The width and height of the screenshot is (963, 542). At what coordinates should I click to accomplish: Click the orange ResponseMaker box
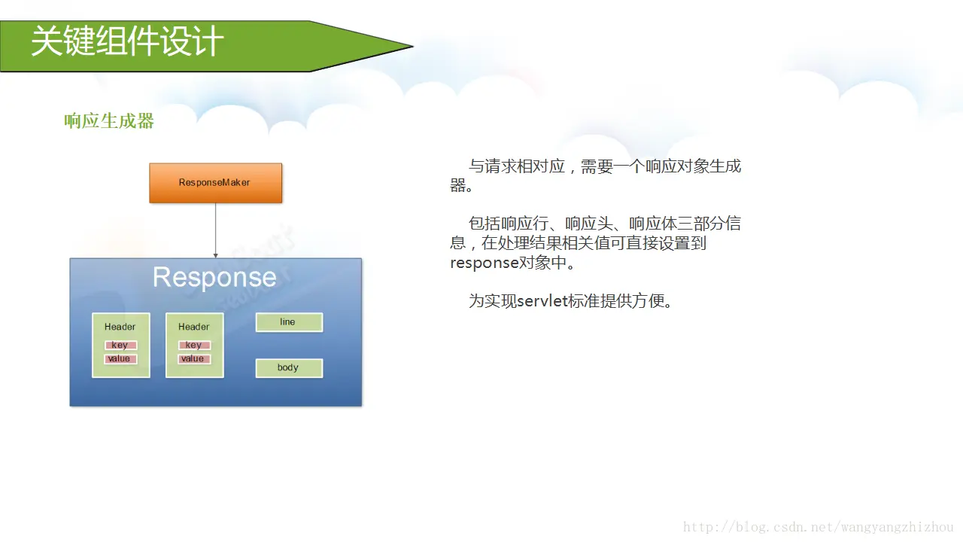[216, 183]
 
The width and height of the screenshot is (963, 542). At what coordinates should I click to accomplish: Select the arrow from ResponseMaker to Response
[215, 230]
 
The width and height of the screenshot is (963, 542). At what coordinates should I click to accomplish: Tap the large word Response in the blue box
[214, 278]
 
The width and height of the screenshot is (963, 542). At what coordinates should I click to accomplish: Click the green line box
[289, 322]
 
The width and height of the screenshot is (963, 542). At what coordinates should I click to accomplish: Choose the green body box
[289, 368]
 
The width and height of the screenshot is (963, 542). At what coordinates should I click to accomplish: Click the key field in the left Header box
[121, 345]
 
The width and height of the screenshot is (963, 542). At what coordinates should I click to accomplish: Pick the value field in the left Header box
[121, 359]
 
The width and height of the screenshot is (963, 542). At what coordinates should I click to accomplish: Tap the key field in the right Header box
[194, 345]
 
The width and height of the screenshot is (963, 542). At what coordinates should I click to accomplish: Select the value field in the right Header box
[194, 359]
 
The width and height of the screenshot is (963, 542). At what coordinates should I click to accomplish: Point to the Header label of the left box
[120, 327]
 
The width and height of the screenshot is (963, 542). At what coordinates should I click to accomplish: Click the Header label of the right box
[194, 327]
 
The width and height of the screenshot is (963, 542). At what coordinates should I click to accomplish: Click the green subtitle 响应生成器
[109, 121]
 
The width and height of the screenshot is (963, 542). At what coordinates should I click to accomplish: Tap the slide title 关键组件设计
[127, 41]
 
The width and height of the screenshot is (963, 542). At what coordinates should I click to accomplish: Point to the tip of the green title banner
[413, 46]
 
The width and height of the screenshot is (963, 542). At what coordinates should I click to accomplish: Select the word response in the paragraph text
[484, 263]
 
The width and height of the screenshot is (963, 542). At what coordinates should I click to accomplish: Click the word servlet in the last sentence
[542, 300]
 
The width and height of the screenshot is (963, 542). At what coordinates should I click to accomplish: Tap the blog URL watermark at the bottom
[818, 527]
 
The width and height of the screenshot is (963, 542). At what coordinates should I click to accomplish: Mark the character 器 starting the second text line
[458, 185]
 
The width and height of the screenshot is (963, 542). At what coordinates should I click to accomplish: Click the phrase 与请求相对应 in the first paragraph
[516, 166]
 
